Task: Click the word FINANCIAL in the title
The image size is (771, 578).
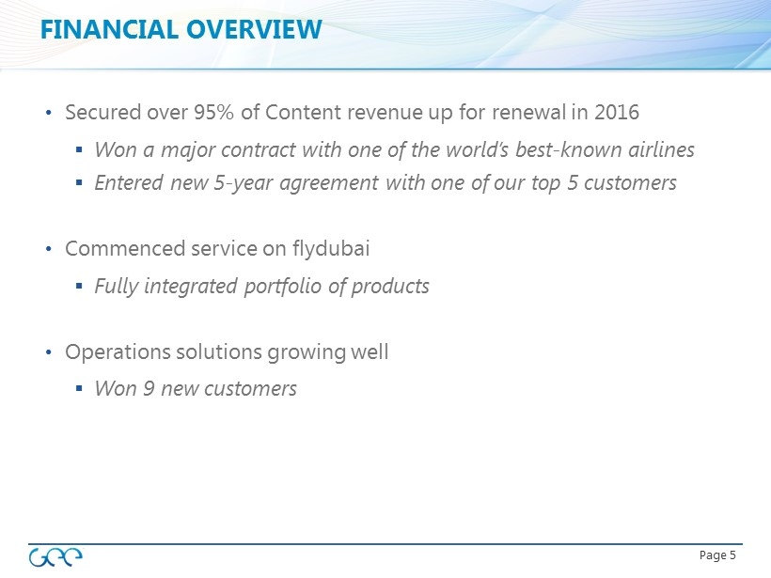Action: [109, 29]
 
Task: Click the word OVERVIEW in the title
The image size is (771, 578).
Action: [254, 29]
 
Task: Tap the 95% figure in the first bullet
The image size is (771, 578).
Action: [213, 112]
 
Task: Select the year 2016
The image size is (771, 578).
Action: [617, 112]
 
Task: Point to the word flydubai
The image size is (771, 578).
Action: [330, 248]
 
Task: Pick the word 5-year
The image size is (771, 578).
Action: [244, 183]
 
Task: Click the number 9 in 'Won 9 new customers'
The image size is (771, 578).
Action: [149, 388]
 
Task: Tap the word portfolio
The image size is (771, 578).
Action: [283, 286]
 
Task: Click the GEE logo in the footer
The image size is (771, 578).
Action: [55, 557]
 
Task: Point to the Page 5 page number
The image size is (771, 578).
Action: [717, 555]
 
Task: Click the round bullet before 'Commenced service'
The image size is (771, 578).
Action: [48, 249]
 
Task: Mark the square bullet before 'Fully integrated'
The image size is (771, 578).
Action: [79, 285]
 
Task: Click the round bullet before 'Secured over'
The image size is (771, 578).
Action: [48, 113]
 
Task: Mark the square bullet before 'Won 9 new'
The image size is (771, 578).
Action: [79, 388]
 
